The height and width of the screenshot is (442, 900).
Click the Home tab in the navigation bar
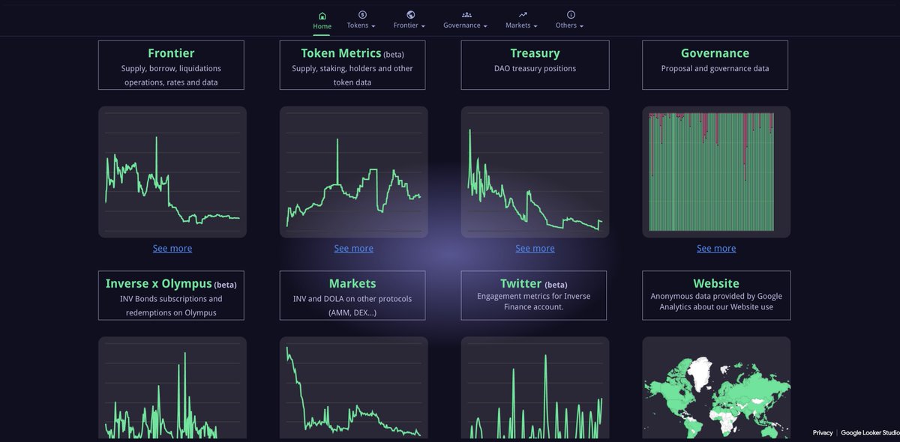point(322,20)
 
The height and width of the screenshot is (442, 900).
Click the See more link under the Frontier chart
point(172,249)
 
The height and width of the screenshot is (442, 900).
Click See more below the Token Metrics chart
point(353,249)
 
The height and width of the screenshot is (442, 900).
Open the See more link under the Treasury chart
point(535,249)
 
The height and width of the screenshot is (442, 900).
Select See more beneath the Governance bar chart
point(716,249)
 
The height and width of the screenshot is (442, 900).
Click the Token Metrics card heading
point(340,53)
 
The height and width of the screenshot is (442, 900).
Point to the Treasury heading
point(535,53)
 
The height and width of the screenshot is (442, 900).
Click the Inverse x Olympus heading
point(159,284)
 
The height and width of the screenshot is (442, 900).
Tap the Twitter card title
point(521,284)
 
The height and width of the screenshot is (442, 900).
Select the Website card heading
point(716,284)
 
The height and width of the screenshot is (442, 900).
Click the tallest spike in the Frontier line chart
point(156,139)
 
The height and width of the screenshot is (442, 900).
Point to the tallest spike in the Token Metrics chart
point(337,141)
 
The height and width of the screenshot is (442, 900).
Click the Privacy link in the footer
point(823,433)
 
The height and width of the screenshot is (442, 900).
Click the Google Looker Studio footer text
point(870,433)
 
